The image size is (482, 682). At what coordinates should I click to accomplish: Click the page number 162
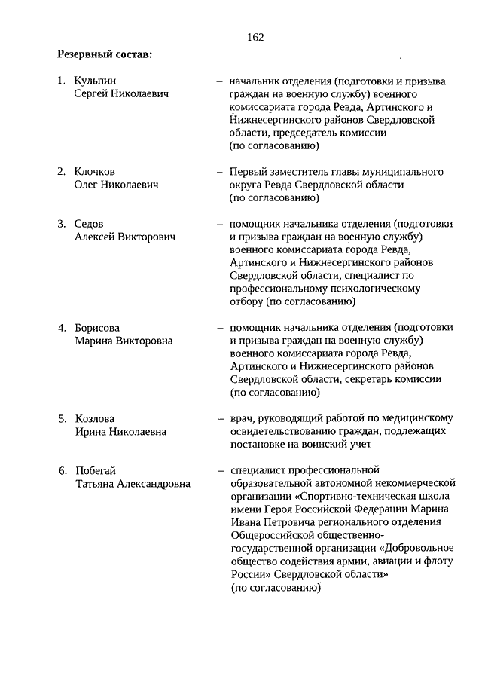point(254,35)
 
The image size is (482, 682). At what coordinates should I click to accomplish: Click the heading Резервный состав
point(105,54)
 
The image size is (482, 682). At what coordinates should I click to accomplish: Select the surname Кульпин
point(96,80)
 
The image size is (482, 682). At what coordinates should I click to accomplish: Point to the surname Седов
point(89,224)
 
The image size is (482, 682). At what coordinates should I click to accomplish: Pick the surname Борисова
point(97,328)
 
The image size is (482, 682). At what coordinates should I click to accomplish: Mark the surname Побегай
point(96,471)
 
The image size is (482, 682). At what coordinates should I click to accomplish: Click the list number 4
point(63,328)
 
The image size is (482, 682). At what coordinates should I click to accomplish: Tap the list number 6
point(63,471)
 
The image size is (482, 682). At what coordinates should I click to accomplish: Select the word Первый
point(248,171)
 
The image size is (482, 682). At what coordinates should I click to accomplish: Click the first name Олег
point(87,185)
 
